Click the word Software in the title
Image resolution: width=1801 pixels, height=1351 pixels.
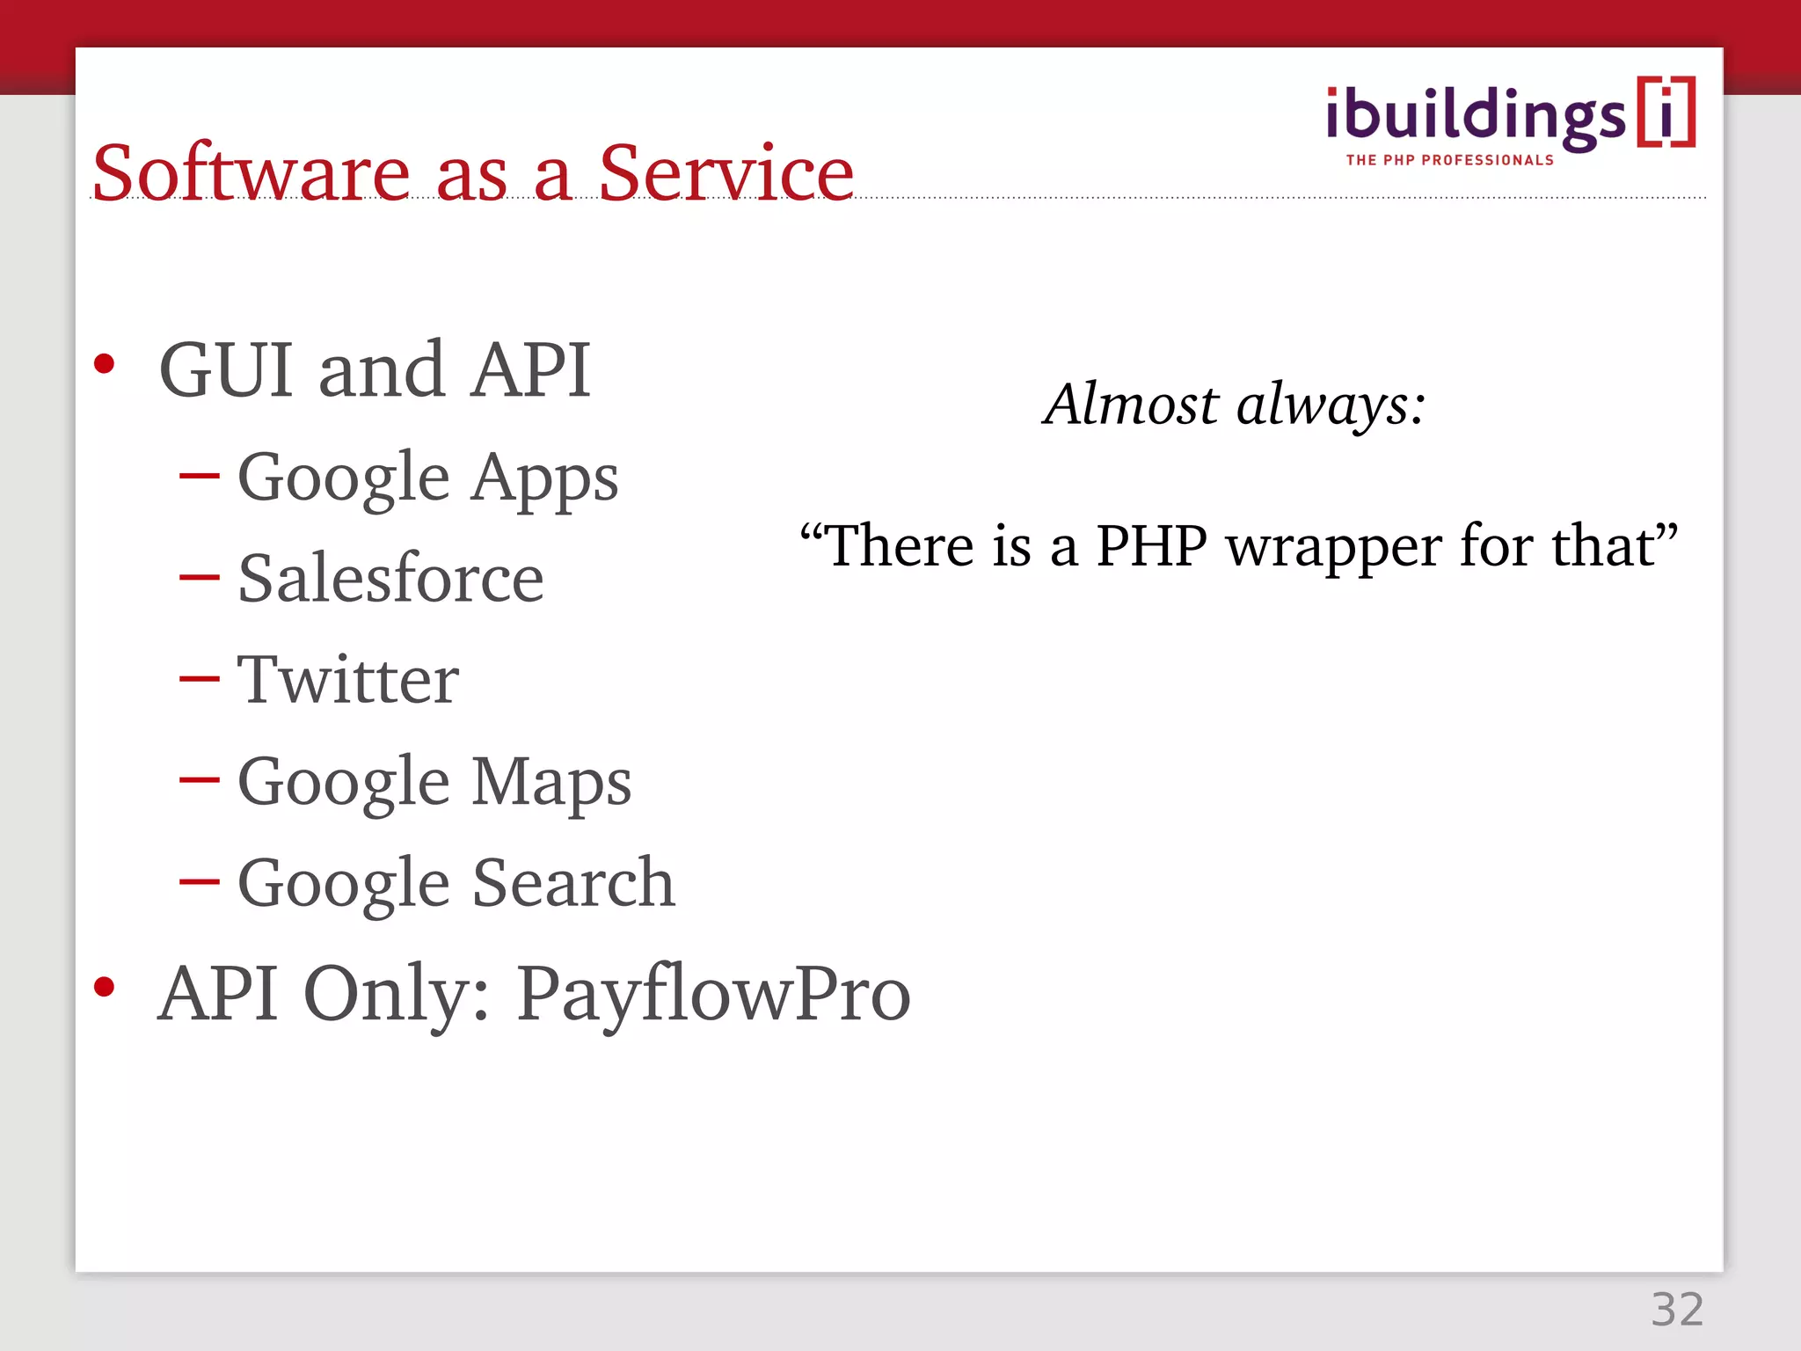click(251, 173)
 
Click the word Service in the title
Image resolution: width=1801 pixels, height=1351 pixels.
click(726, 173)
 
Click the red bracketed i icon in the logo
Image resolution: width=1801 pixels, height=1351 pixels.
click(1666, 113)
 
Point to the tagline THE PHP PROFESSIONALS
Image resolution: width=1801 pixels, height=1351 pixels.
click(1450, 160)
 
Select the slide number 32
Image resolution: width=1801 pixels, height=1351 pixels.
click(1677, 1310)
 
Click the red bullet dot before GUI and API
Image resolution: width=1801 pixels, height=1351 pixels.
click(105, 364)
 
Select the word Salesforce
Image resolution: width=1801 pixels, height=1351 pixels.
click(390, 580)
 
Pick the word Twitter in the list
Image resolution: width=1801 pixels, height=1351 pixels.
click(348, 680)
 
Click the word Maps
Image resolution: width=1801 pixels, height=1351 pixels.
click(551, 783)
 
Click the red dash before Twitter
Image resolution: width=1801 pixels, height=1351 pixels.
click(199, 680)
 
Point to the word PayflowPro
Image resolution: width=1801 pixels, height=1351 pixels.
click(713, 995)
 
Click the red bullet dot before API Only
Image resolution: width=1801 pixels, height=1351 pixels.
click(105, 987)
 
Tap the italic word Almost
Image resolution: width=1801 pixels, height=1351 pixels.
click(1131, 405)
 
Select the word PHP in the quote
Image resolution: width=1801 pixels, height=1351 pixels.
click(1152, 546)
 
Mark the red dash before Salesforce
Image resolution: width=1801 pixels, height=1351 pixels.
click(199, 579)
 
